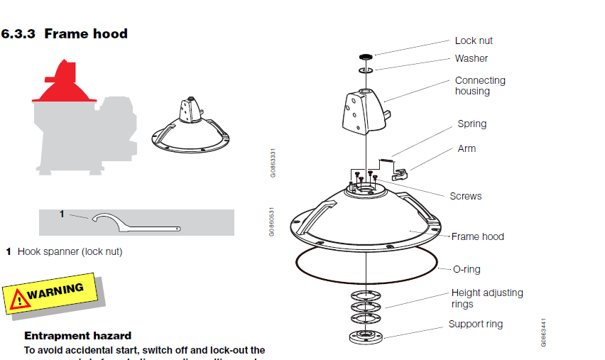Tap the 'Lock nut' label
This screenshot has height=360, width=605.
[474, 41]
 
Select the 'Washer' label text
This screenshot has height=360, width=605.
[471, 58]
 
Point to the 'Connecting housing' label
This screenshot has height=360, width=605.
[480, 85]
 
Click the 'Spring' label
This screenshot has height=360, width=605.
[472, 124]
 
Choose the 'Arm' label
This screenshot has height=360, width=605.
[467, 148]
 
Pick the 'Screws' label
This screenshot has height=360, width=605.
[465, 196]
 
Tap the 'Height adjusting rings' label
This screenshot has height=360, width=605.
[486, 298]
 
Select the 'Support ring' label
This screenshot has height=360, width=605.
[475, 324]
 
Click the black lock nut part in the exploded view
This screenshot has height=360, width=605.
[366, 55]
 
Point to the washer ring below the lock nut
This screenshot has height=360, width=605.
[366, 71]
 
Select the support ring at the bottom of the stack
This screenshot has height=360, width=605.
[366, 335]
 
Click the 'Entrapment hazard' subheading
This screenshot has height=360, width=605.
[77, 335]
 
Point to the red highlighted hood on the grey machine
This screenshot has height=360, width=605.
[64, 84]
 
